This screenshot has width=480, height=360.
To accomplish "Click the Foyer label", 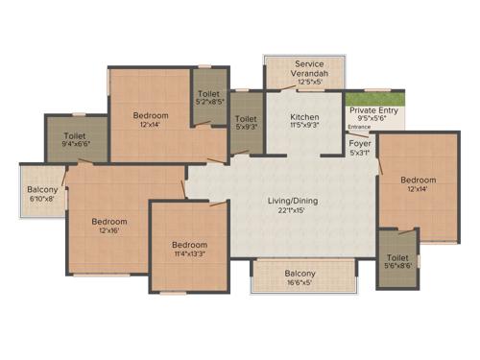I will click(x=359, y=143).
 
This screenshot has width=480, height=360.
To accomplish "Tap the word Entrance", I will click(x=359, y=127).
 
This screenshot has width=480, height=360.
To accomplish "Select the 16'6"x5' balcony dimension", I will click(x=300, y=283).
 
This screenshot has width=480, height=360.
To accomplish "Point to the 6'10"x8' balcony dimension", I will click(x=43, y=199).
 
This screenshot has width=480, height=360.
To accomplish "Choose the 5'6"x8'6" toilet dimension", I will click(x=397, y=267).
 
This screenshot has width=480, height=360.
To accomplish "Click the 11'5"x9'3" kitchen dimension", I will click(x=303, y=127).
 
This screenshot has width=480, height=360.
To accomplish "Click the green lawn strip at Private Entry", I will click(x=374, y=98).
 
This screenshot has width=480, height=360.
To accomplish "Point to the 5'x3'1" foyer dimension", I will click(x=359, y=153).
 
